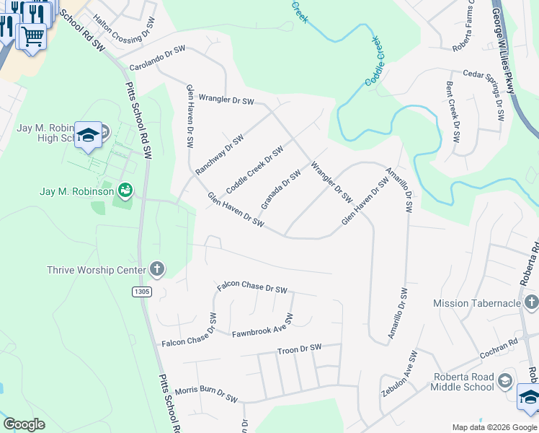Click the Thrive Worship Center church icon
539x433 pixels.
coord(157,271)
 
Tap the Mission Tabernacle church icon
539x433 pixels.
coord(531,302)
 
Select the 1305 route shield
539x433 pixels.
coord(141,291)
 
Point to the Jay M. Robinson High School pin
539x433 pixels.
coord(88,136)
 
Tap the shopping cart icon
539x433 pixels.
coord(32,36)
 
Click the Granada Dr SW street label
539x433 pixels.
coord(280,190)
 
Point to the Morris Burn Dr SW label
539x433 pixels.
coord(205,393)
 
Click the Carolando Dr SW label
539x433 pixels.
coord(157,58)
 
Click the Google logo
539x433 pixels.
coord(24,424)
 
